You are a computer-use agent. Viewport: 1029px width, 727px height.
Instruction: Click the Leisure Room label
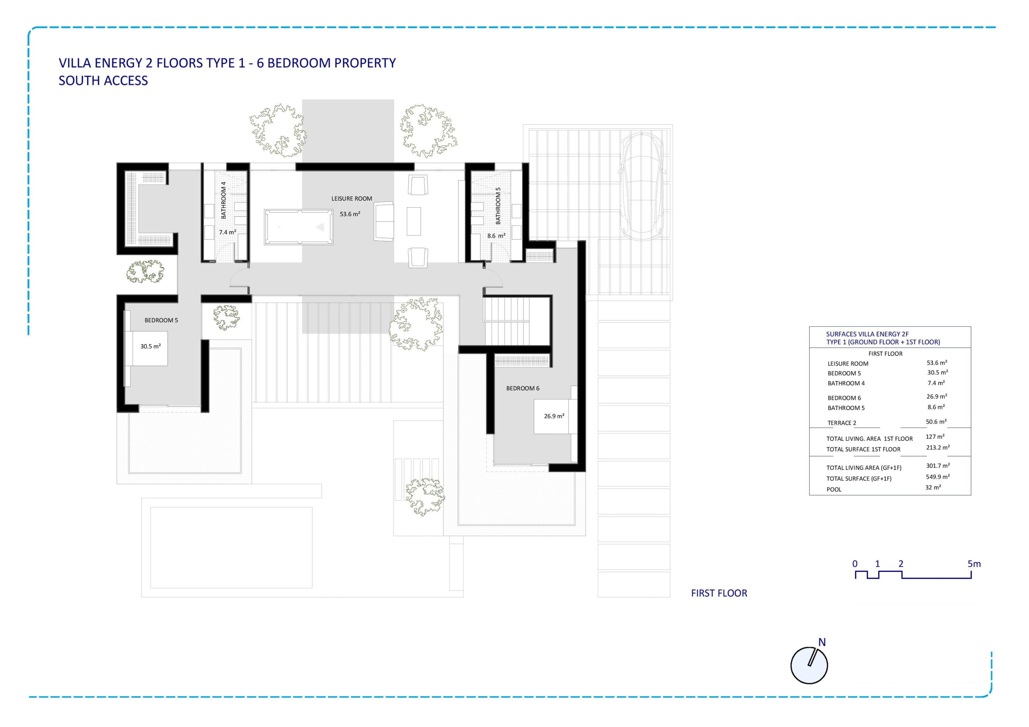point(351,199)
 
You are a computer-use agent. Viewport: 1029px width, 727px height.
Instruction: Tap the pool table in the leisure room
point(299,227)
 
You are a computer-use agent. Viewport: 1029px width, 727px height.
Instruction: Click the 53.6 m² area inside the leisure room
point(350,214)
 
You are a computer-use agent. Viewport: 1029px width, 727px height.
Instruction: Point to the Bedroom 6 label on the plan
point(523,389)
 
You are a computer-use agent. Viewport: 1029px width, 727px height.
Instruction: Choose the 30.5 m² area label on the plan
point(151,346)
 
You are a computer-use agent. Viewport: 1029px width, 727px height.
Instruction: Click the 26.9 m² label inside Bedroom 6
point(554,416)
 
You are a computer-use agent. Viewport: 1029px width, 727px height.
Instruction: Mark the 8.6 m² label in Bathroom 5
point(496,236)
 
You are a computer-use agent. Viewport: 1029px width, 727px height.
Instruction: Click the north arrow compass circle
point(809,665)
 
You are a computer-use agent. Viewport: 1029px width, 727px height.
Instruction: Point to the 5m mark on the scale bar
point(974,564)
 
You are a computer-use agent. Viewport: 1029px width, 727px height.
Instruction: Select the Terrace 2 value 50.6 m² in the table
point(936,422)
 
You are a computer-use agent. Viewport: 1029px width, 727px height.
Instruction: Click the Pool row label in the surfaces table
point(834,489)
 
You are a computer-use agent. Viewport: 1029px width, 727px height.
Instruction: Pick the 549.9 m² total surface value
point(938,477)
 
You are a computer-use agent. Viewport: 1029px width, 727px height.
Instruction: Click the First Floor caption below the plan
point(719,594)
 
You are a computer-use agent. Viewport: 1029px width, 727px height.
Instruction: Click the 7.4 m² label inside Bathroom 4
point(227,232)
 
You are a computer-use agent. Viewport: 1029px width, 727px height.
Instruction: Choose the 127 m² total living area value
point(935,437)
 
